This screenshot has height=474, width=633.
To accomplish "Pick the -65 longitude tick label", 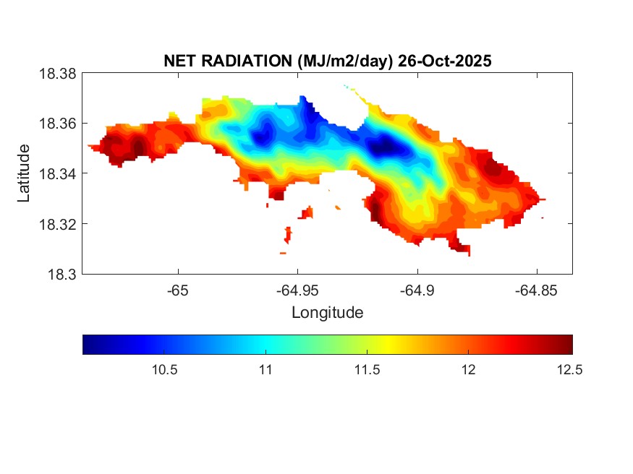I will (178, 290).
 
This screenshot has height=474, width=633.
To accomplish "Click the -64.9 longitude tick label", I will (417, 290).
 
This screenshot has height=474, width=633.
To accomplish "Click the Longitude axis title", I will (327, 313).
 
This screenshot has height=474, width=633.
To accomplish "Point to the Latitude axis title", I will (24, 173).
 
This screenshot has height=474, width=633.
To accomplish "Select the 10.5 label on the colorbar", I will (164, 370).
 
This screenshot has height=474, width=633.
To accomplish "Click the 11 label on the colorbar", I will (265, 370).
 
